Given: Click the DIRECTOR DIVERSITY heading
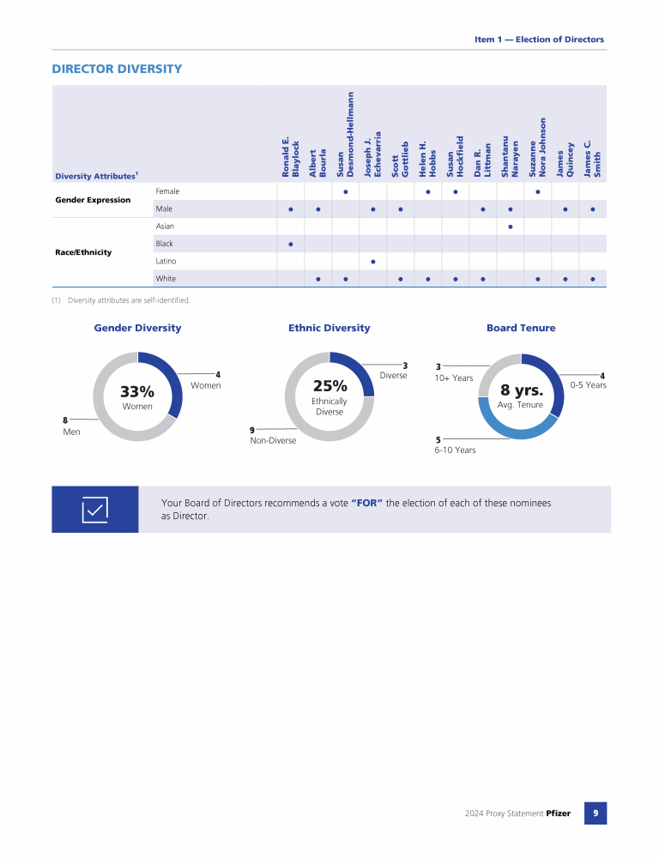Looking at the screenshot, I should point(117,69).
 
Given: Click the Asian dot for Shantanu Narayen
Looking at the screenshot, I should point(511,227).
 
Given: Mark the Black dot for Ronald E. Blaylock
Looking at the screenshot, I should point(291,244).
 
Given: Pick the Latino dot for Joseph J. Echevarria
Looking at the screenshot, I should point(373,261).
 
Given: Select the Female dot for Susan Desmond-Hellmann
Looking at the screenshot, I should point(345,191).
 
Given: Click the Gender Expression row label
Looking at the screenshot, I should point(93,200).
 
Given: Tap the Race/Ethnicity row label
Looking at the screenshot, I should point(83,252).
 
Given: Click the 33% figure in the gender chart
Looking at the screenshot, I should point(137,392).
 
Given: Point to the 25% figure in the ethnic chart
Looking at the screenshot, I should point(329,386).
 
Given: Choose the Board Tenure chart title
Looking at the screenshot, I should point(521,328).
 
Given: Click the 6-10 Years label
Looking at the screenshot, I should point(455,450).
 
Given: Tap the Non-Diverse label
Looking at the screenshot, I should point(273,440).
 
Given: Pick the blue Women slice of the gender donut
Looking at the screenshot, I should point(172,382).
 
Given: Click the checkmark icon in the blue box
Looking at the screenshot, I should point(94,510).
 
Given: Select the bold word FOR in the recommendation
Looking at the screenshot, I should point(366,503).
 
